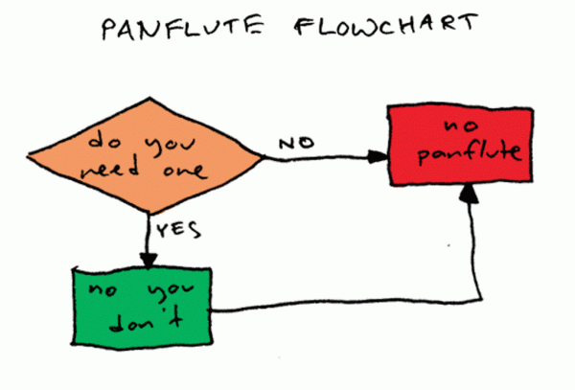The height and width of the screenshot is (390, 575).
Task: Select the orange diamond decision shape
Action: tap(144, 153)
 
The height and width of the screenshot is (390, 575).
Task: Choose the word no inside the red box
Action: tap(462, 125)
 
